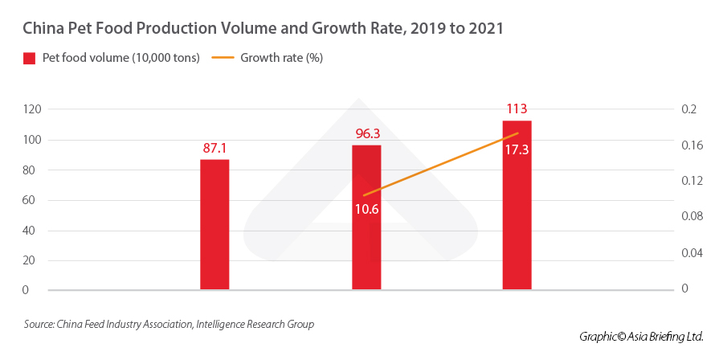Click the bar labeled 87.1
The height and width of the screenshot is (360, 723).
214,224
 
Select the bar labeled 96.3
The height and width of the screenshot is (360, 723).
366,217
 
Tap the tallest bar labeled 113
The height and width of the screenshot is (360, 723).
517,205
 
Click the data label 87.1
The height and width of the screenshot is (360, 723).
214,149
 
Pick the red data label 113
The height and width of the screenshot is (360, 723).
517,109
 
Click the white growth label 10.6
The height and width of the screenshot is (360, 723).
366,209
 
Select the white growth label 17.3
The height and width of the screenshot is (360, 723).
517,149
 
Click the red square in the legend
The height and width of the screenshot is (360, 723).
30,58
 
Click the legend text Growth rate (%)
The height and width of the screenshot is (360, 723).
281,58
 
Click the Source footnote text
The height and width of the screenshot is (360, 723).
169,325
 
